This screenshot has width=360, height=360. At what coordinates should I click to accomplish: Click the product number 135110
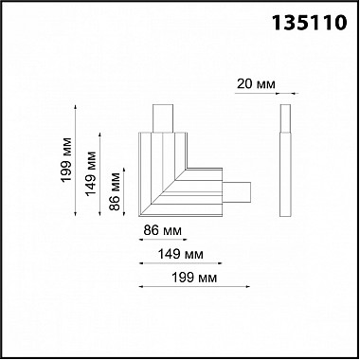pyautogui.click(x=310, y=23)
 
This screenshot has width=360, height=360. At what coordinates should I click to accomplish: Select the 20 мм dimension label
pyautogui.click(x=256, y=84)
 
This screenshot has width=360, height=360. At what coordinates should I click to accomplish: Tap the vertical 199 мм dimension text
pyautogui.click(x=67, y=160)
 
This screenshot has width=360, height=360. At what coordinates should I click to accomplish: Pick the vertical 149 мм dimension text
pyautogui.click(x=91, y=173)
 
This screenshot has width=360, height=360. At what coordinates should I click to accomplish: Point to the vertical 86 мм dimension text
pyautogui.click(x=115, y=191)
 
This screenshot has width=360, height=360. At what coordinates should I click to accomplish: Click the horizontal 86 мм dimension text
pyautogui.click(x=163, y=230)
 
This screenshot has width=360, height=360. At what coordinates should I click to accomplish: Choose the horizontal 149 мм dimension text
pyautogui.click(x=181, y=254)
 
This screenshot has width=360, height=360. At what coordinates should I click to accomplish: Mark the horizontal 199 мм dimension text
pyautogui.click(x=194, y=278)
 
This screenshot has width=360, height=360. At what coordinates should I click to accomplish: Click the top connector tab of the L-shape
pyautogui.click(x=163, y=118)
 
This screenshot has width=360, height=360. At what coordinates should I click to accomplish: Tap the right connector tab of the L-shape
pyautogui.click(x=237, y=192)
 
